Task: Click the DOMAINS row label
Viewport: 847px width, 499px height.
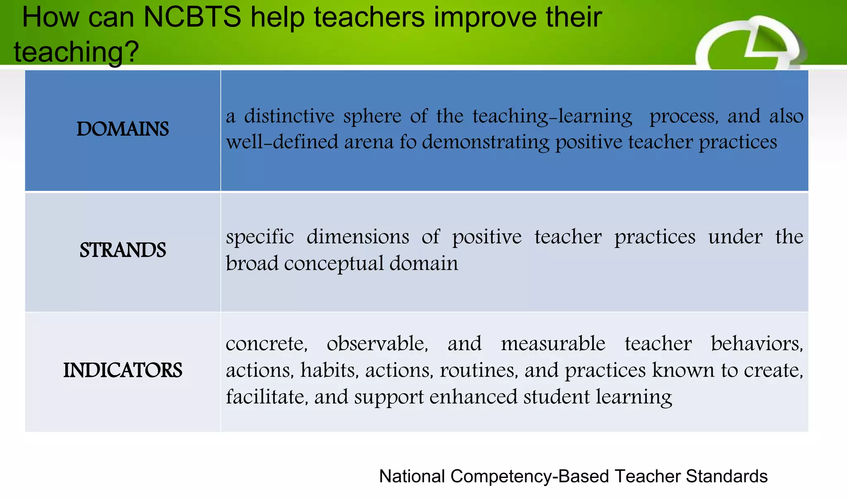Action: point(122,129)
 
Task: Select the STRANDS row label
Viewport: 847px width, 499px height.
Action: point(122,250)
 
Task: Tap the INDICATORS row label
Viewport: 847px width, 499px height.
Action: point(122,370)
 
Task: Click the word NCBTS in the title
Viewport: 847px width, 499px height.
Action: point(192,17)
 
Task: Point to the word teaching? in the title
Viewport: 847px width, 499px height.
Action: point(76,52)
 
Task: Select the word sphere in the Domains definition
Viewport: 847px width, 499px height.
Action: point(372,116)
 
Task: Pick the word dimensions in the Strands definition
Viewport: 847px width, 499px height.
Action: point(358,237)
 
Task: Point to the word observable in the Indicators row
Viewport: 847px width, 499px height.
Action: point(377,344)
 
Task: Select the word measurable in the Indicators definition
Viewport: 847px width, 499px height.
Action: point(553,344)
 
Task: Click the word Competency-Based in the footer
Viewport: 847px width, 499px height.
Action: point(529,476)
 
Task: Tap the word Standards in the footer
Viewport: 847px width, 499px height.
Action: point(727,476)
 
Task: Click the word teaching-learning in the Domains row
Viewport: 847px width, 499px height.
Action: point(553,116)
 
